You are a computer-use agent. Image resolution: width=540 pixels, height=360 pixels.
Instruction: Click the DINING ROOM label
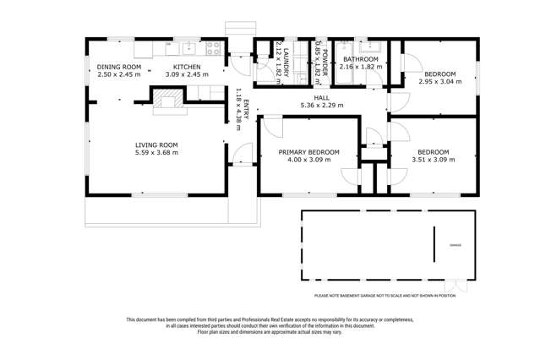point(117,66)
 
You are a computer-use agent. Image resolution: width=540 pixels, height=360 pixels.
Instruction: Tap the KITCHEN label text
point(187,66)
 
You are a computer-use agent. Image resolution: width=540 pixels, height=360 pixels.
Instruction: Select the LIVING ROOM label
point(158,145)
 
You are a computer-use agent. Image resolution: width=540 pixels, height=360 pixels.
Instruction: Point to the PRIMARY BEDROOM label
point(309,152)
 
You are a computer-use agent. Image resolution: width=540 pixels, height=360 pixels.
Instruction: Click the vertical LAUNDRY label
point(286,62)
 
